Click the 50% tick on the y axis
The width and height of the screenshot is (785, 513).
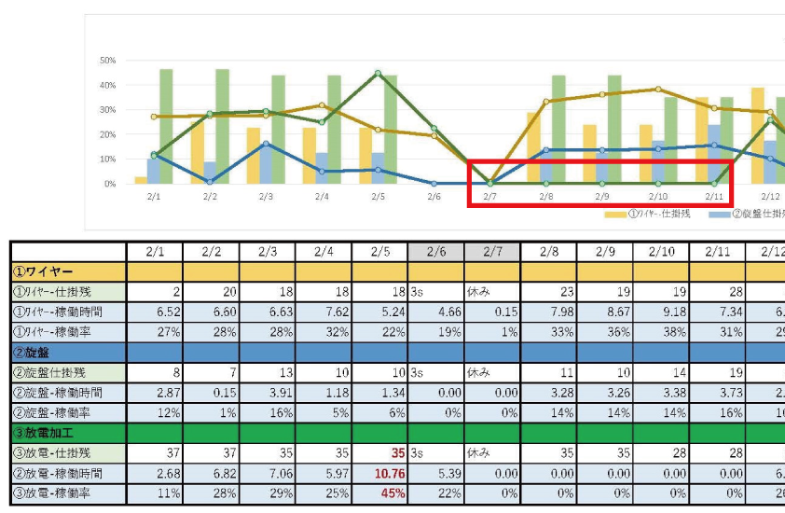click(x=107, y=61)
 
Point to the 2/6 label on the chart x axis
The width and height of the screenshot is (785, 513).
click(x=434, y=197)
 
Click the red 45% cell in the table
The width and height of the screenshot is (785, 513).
click(x=393, y=493)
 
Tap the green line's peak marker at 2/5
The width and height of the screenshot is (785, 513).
click(x=378, y=73)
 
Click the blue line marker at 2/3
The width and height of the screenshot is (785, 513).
click(x=266, y=144)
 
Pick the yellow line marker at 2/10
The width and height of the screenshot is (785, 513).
click(x=658, y=90)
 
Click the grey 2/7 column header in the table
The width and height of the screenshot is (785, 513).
click(x=492, y=252)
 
